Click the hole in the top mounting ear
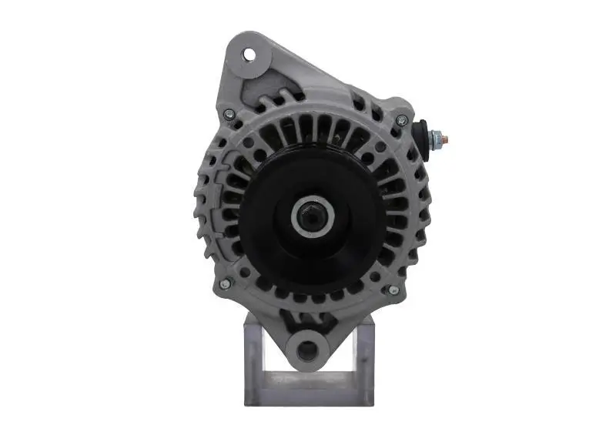coord(249,55)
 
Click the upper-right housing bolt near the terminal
coord(401,119)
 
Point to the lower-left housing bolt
coord(224,283)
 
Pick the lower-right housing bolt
coord(393,289)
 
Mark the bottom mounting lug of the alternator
coord(308,339)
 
